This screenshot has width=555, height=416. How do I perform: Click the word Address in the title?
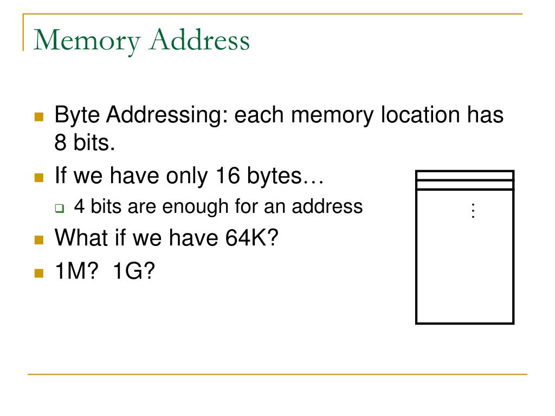[x=199, y=40]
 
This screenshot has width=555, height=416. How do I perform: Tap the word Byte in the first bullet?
[x=76, y=115]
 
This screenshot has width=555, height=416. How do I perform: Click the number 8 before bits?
[x=60, y=143]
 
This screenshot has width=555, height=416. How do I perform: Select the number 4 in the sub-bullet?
[x=79, y=206]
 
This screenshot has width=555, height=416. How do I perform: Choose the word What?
[x=78, y=238]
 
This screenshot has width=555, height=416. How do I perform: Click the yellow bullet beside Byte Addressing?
[x=38, y=116]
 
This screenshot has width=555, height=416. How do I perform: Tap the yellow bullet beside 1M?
[x=38, y=272]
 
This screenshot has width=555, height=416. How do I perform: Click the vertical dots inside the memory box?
[x=473, y=211]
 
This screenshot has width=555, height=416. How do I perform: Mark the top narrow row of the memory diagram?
[x=464, y=175]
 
